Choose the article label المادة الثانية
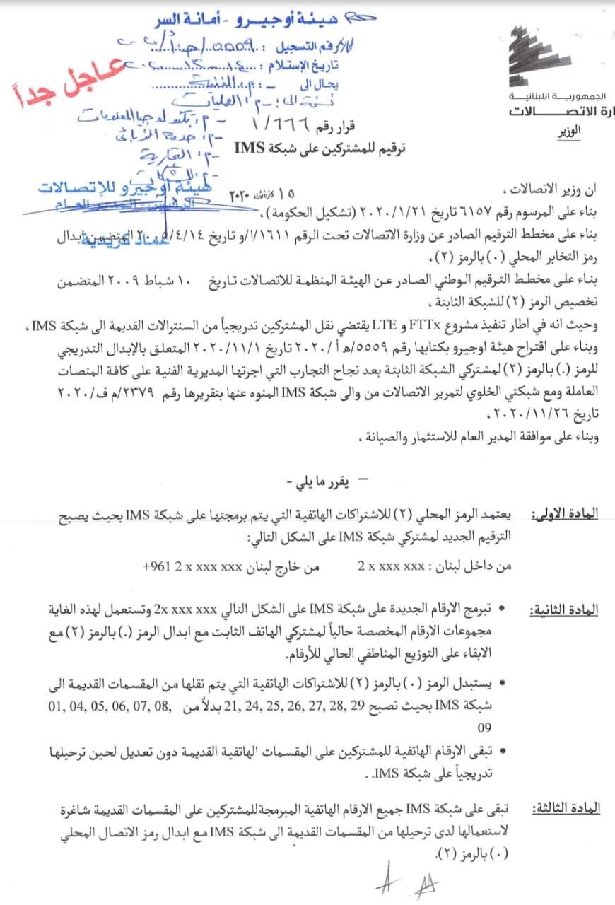(x=563, y=609)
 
